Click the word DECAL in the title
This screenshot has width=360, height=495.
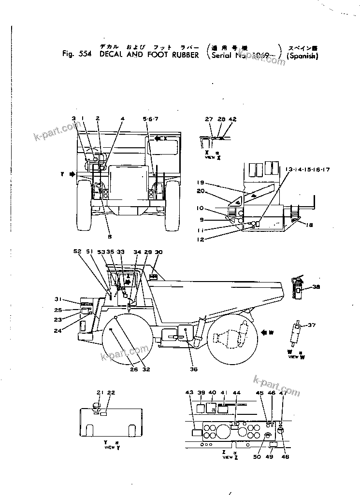(x=111, y=55)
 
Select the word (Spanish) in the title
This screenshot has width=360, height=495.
(x=302, y=56)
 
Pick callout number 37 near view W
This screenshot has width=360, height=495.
(x=311, y=325)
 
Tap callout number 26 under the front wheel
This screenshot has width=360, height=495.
(x=133, y=370)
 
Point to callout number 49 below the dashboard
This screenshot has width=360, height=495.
(x=270, y=457)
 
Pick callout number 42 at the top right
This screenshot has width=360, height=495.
(x=233, y=118)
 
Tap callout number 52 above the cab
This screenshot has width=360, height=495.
(x=77, y=251)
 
